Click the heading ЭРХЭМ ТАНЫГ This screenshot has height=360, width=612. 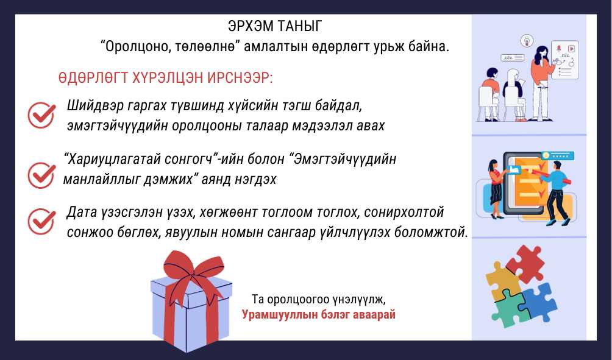coord(275,26)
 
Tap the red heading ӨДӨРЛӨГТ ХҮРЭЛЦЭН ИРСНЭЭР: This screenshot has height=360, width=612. coord(165,78)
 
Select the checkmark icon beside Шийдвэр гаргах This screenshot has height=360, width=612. coord(41,115)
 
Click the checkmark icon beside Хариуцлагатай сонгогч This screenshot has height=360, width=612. coord(41,175)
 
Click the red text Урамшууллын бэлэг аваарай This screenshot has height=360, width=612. coord(318,314)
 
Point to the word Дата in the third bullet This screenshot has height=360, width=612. coord(81,213)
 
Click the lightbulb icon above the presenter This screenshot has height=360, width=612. coord(527,40)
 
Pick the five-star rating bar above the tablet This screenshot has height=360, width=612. coord(559,156)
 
